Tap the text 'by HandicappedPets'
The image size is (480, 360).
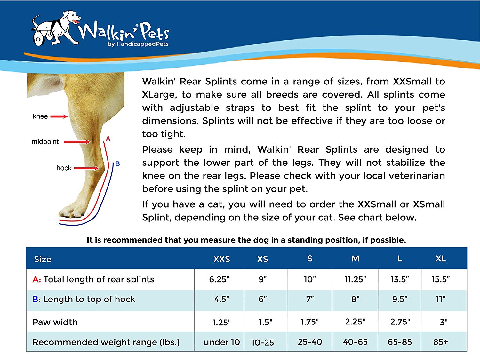[x=138, y=44]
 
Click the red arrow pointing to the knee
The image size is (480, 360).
[x=59, y=116]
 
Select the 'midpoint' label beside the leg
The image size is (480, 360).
[x=45, y=142]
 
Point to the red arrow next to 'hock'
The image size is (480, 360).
[x=86, y=168]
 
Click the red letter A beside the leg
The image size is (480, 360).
[x=108, y=139]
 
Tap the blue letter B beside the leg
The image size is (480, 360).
[x=117, y=164]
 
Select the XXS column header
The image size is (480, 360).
[x=222, y=259]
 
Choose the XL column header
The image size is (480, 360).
[x=441, y=259]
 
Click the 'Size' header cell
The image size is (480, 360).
[x=43, y=259]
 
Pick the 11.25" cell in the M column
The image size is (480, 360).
[x=355, y=279]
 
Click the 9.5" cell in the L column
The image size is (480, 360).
[x=400, y=299]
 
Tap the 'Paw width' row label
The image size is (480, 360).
[x=55, y=322]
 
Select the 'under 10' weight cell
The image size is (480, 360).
[x=222, y=342]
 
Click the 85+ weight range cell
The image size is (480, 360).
[x=441, y=342]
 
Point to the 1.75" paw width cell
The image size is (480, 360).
[x=310, y=322]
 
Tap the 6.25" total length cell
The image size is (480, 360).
[x=219, y=279]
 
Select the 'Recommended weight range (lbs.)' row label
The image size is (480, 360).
[x=106, y=342]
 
